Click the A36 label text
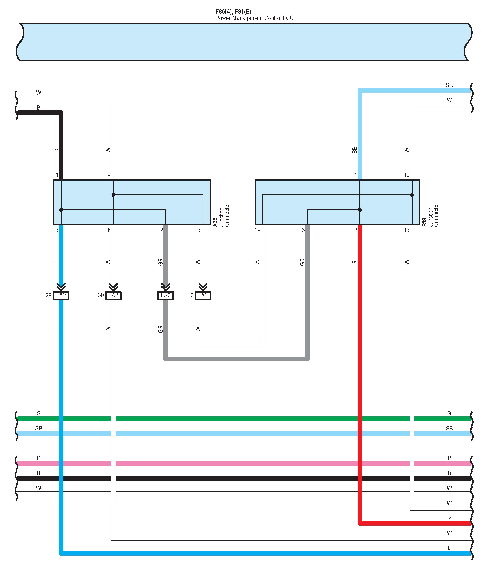click(215, 222)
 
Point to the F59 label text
click(424, 222)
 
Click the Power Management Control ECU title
click(254, 18)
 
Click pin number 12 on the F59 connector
click(406, 175)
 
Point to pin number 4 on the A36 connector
click(109, 175)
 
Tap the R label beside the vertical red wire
click(355, 262)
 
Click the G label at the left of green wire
click(38, 413)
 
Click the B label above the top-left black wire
click(38, 107)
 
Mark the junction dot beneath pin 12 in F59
click(412, 195)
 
